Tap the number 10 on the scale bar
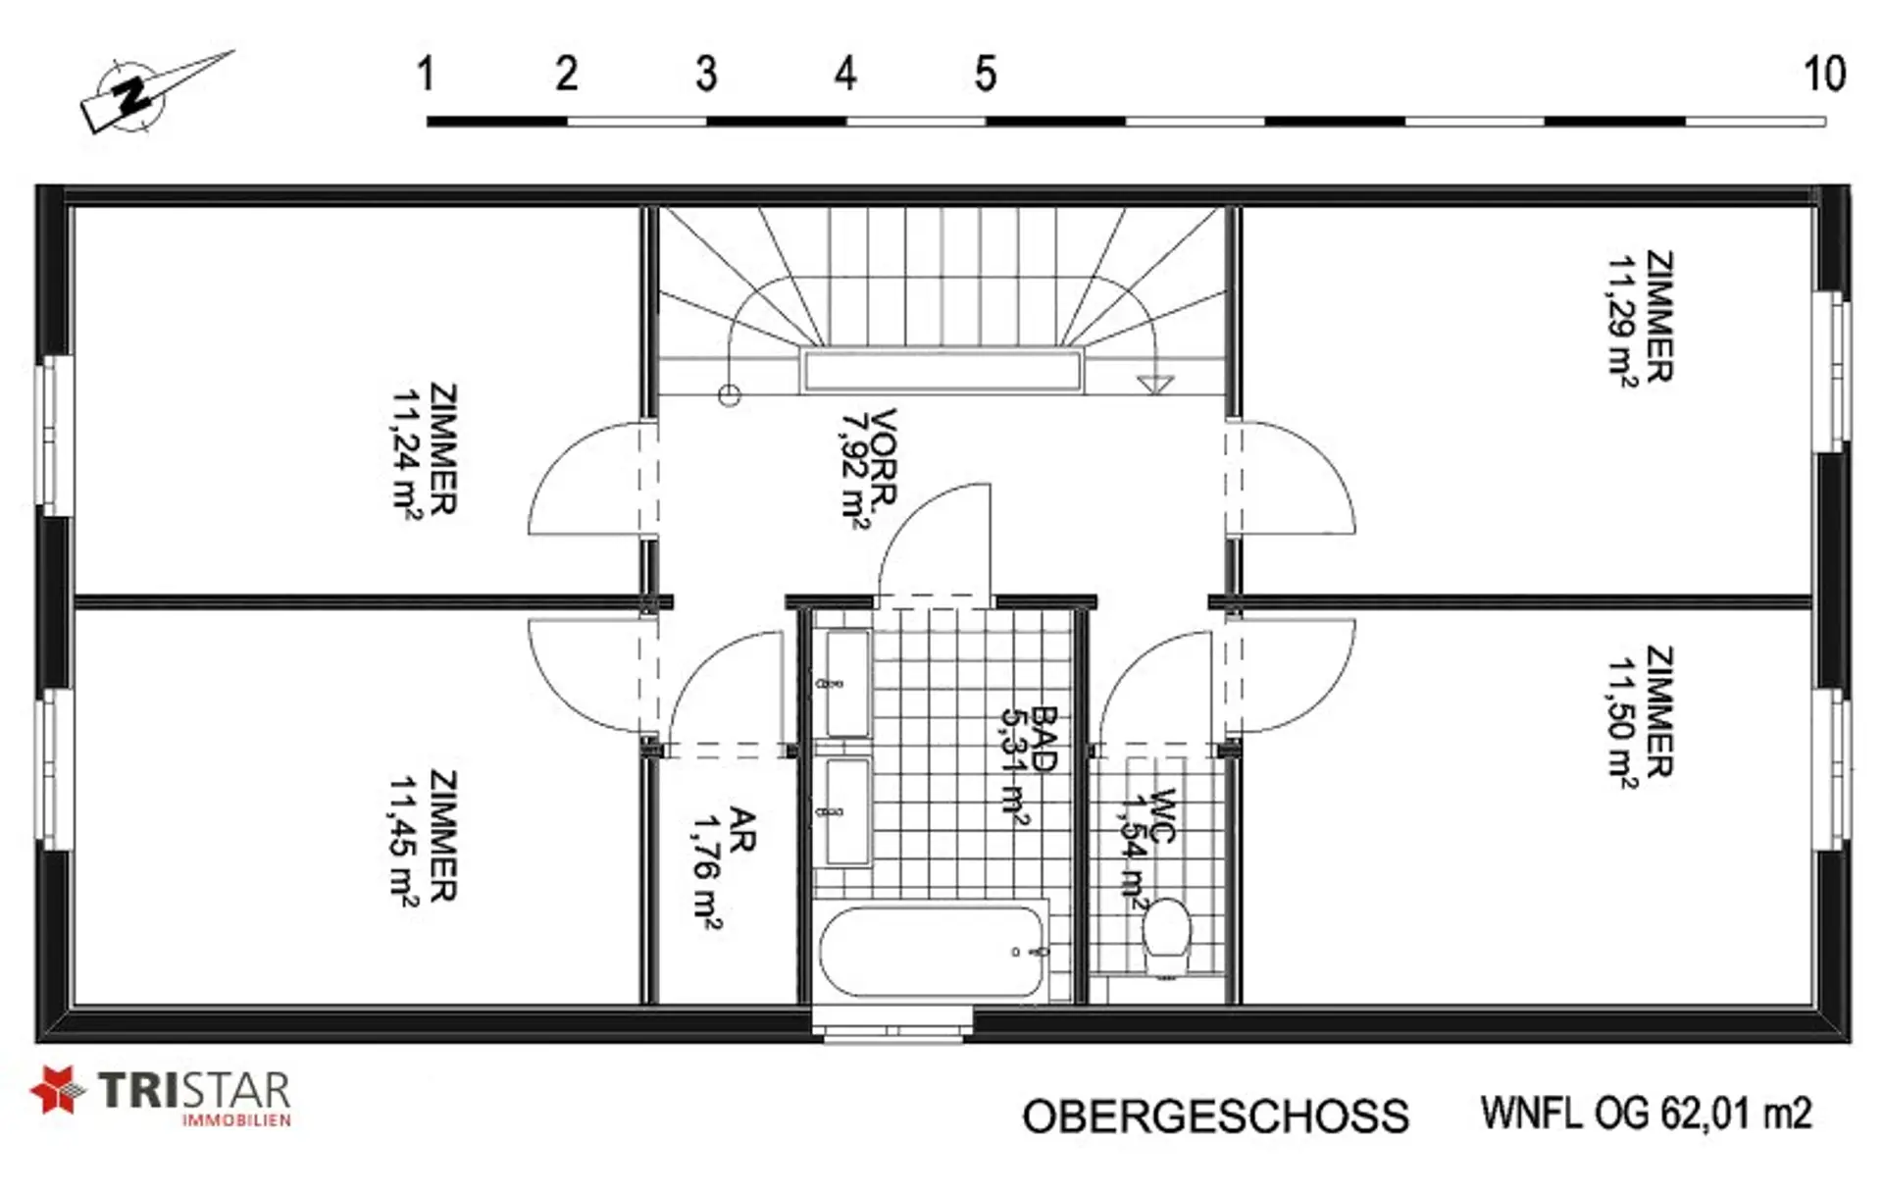(1824, 74)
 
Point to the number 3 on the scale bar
(706, 74)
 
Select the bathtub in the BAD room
(931, 951)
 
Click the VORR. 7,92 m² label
(869, 467)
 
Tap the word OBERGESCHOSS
(1215, 1116)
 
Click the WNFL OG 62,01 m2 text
(1646, 1113)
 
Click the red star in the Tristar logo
(57, 1090)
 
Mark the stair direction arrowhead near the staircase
(1155, 384)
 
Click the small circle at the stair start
(729, 395)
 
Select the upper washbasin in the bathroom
(847, 683)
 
